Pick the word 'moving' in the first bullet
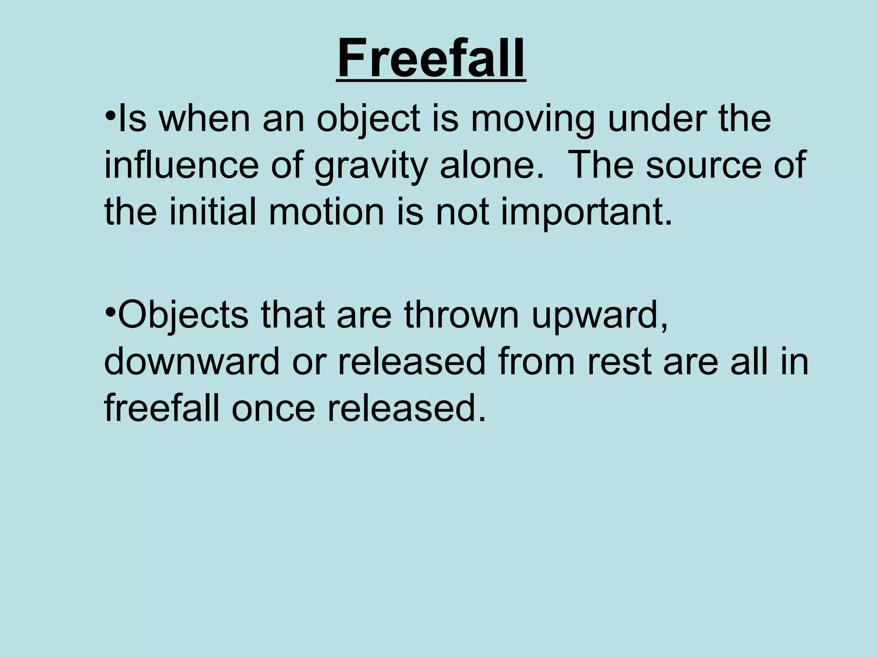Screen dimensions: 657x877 coord(533,120)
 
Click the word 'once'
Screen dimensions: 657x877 coord(274,409)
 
